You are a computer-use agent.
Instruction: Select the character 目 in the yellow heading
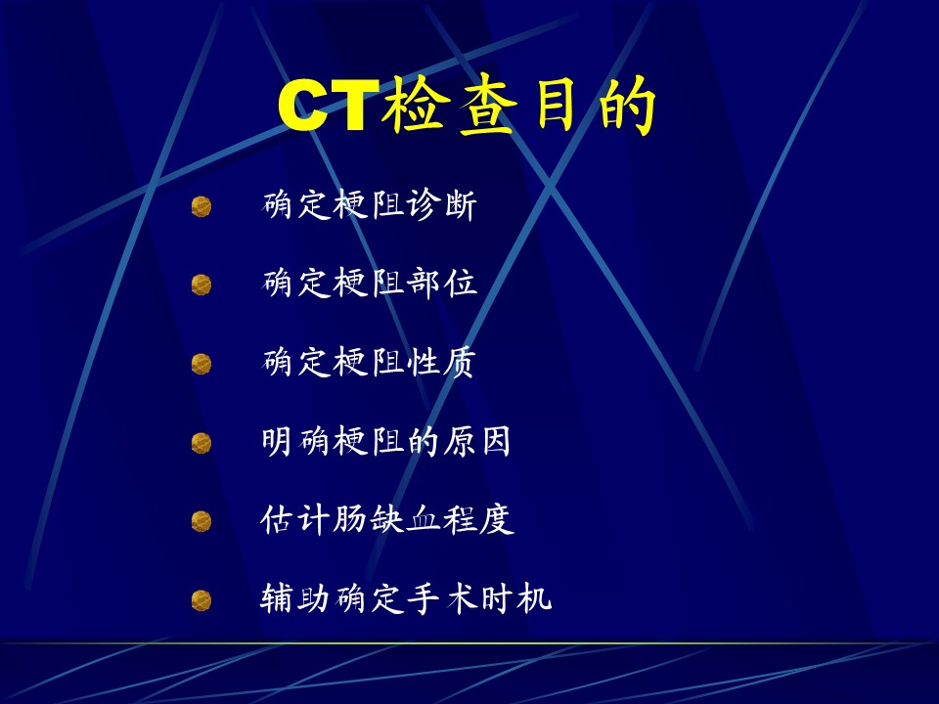[x=556, y=106]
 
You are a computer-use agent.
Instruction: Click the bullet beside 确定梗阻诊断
[x=201, y=206]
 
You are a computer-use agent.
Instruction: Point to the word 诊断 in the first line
[x=442, y=204]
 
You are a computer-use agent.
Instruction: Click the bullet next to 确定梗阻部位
[x=201, y=285]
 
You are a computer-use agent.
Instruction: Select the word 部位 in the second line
[x=442, y=284]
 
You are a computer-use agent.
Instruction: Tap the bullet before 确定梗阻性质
[x=201, y=364]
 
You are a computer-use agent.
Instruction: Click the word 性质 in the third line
[x=442, y=362]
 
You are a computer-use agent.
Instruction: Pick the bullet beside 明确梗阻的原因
[x=201, y=443]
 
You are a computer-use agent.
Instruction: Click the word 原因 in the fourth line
[x=477, y=441]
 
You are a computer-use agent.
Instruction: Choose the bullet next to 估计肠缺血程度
[x=201, y=521]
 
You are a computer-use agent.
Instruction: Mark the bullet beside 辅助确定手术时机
[x=201, y=600]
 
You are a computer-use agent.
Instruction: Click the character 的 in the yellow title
[x=628, y=106]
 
